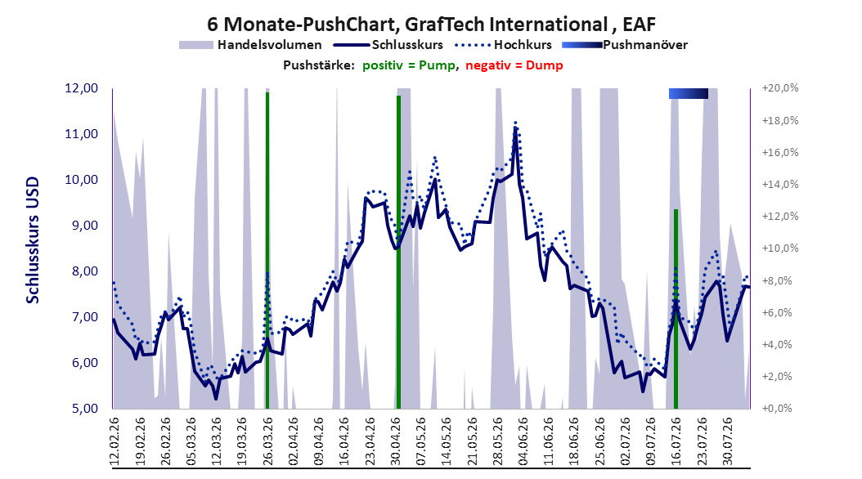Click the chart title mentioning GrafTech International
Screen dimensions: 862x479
pyautogui.click(x=431, y=25)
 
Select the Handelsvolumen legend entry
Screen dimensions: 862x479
pyautogui.click(x=250, y=45)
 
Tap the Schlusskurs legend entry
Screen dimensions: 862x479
pyautogui.click(x=388, y=45)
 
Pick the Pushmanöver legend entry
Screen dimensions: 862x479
pyautogui.click(x=625, y=45)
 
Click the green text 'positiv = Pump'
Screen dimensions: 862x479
pyautogui.click(x=408, y=65)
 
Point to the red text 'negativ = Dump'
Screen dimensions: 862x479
pyautogui.click(x=514, y=65)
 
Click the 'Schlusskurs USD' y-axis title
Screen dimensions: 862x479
pyautogui.click(x=33, y=240)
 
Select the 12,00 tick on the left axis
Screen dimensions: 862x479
pyautogui.click(x=81, y=88)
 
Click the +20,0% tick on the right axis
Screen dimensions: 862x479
pyautogui.click(x=780, y=88)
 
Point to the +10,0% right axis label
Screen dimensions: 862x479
pyautogui.click(x=780, y=248)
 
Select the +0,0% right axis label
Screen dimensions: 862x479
pyautogui.click(x=778, y=409)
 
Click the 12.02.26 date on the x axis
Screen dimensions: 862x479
pyautogui.click(x=114, y=441)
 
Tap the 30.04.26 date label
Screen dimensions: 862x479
pyautogui.click(x=395, y=441)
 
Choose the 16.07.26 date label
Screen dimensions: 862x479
pyautogui.click(x=676, y=441)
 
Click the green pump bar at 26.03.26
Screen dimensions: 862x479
pyautogui.click(x=267, y=250)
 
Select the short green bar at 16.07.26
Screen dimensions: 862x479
pyautogui.click(x=676, y=309)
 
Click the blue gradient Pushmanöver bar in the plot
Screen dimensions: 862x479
pyautogui.click(x=689, y=93)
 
